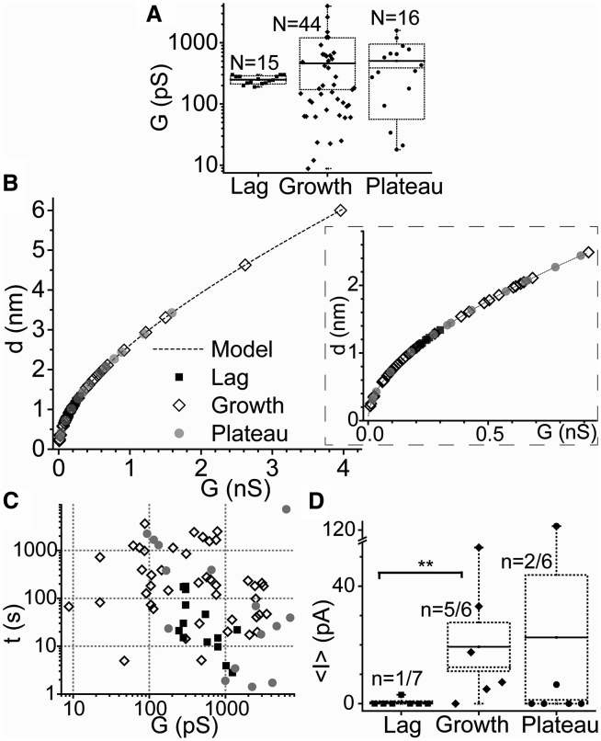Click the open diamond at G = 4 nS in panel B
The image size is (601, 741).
click(x=341, y=211)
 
